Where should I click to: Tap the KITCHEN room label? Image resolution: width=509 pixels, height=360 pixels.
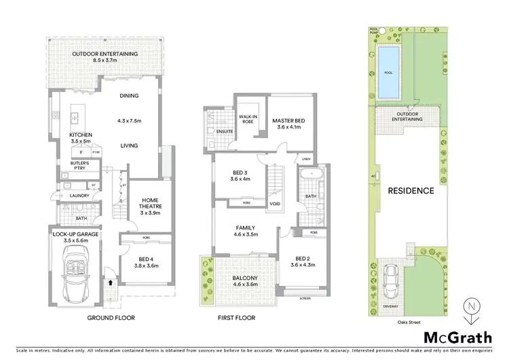81,135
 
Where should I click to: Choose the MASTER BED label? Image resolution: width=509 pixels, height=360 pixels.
288,121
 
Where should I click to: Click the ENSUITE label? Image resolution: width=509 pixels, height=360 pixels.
224,131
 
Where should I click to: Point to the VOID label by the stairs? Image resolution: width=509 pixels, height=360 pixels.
275,203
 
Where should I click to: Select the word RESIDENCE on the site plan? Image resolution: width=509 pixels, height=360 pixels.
411,191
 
